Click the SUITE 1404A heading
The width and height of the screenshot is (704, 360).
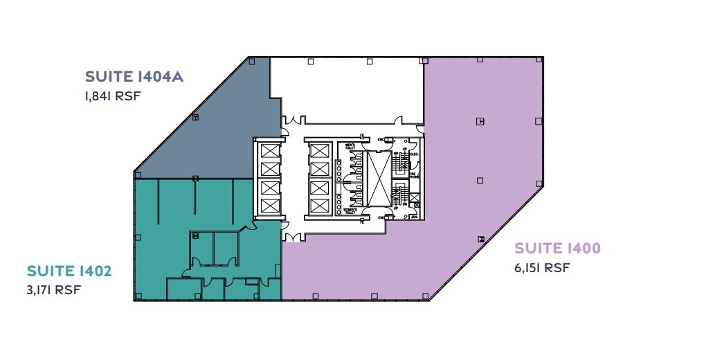click(x=134, y=77)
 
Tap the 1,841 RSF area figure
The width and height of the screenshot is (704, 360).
click(x=113, y=96)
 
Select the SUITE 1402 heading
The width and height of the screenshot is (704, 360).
click(x=69, y=271)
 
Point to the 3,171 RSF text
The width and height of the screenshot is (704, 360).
click(x=54, y=289)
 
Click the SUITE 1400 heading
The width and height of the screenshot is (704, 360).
click(x=558, y=248)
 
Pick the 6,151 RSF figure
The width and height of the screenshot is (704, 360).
click(x=543, y=267)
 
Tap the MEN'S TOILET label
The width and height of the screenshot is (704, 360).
click(x=350, y=146)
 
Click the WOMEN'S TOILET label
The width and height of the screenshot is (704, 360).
click(x=350, y=210)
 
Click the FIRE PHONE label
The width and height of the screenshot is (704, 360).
click(x=413, y=176)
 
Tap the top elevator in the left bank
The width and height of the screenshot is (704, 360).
click(x=269, y=150)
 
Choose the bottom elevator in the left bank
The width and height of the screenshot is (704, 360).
click(x=269, y=205)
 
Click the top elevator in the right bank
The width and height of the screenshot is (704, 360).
click(x=319, y=150)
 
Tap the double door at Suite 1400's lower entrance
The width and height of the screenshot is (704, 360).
click(x=291, y=237)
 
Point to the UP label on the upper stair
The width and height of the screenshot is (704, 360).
click(x=406, y=149)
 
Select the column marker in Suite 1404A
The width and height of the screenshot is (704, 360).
click(x=196, y=117)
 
